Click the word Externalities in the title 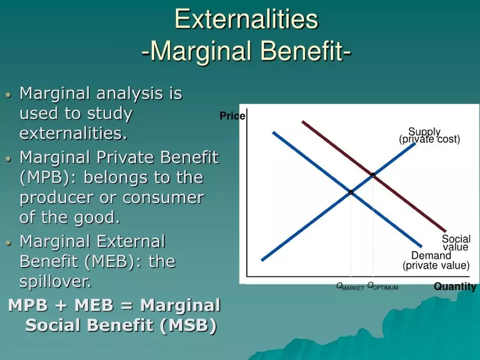click(x=247, y=19)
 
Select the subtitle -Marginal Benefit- click(x=247, y=51)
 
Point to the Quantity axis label click(x=455, y=286)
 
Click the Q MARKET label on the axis click(x=350, y=286)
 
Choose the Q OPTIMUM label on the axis click(x=383, y=286)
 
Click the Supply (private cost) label click(x=429, y=136)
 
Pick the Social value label click(x=456, y=242)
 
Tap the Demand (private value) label click(x=436, y=261)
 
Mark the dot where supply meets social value click(x=373, y=175)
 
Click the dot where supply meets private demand click(x=351, y=192)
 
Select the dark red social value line click(x=374, y=176)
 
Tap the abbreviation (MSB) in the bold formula click(x=188, y=325)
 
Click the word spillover click(x=56, y=281)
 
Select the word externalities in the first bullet click(x=73, y=134)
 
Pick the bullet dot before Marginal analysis click(x=8, y=94)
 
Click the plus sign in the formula click(x=61, y=305)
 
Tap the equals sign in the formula click(x=127, y=305)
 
